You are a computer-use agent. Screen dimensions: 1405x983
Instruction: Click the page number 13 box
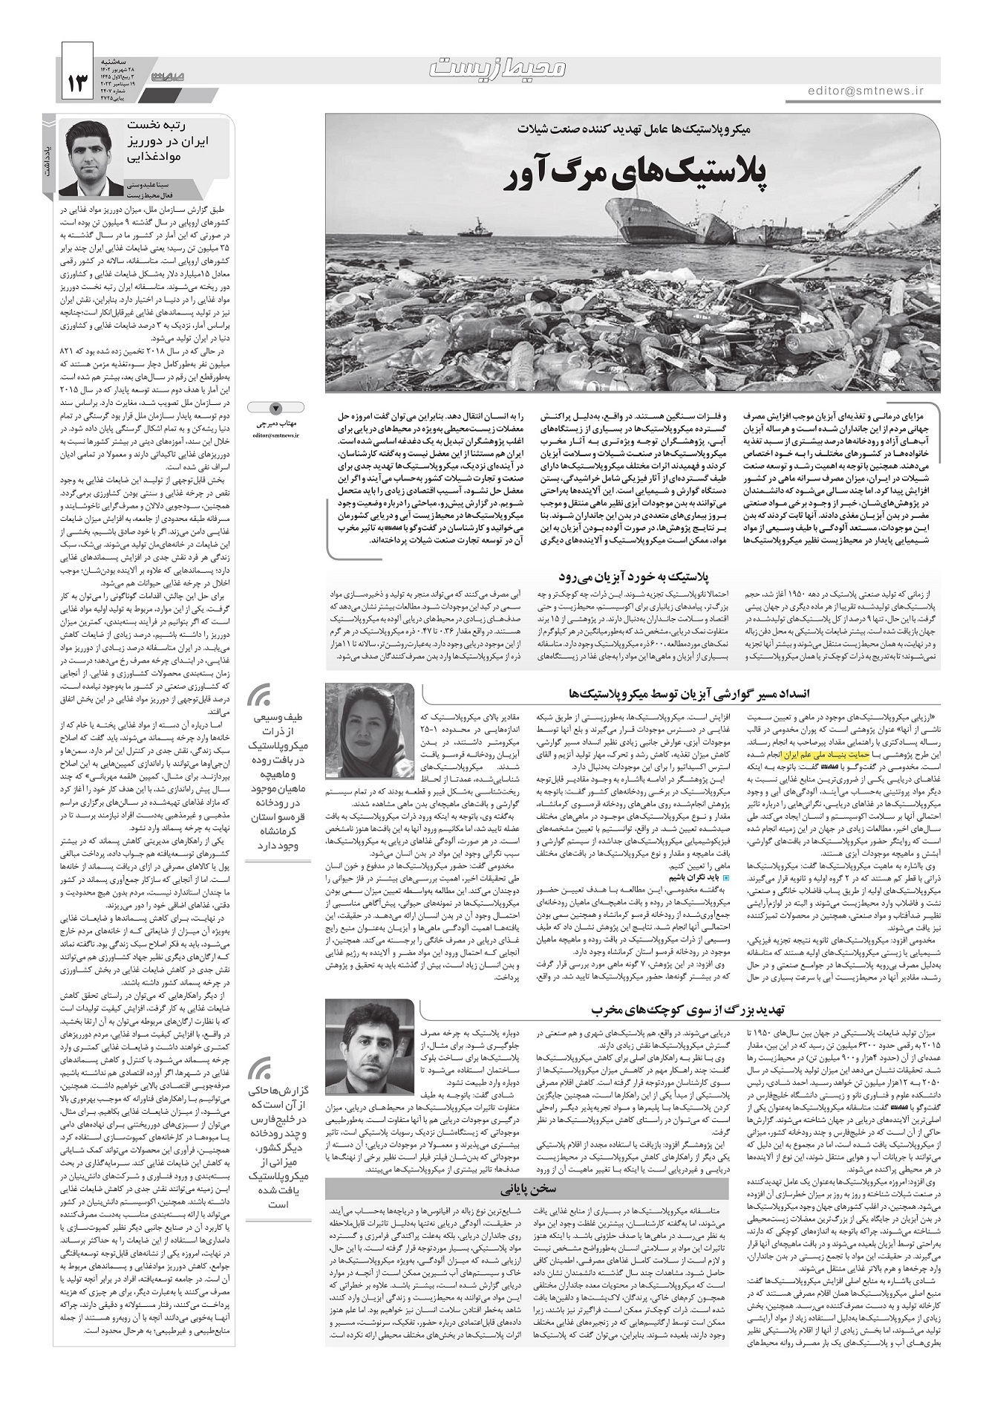77,74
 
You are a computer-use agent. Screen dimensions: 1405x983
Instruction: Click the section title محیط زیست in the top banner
498,68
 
